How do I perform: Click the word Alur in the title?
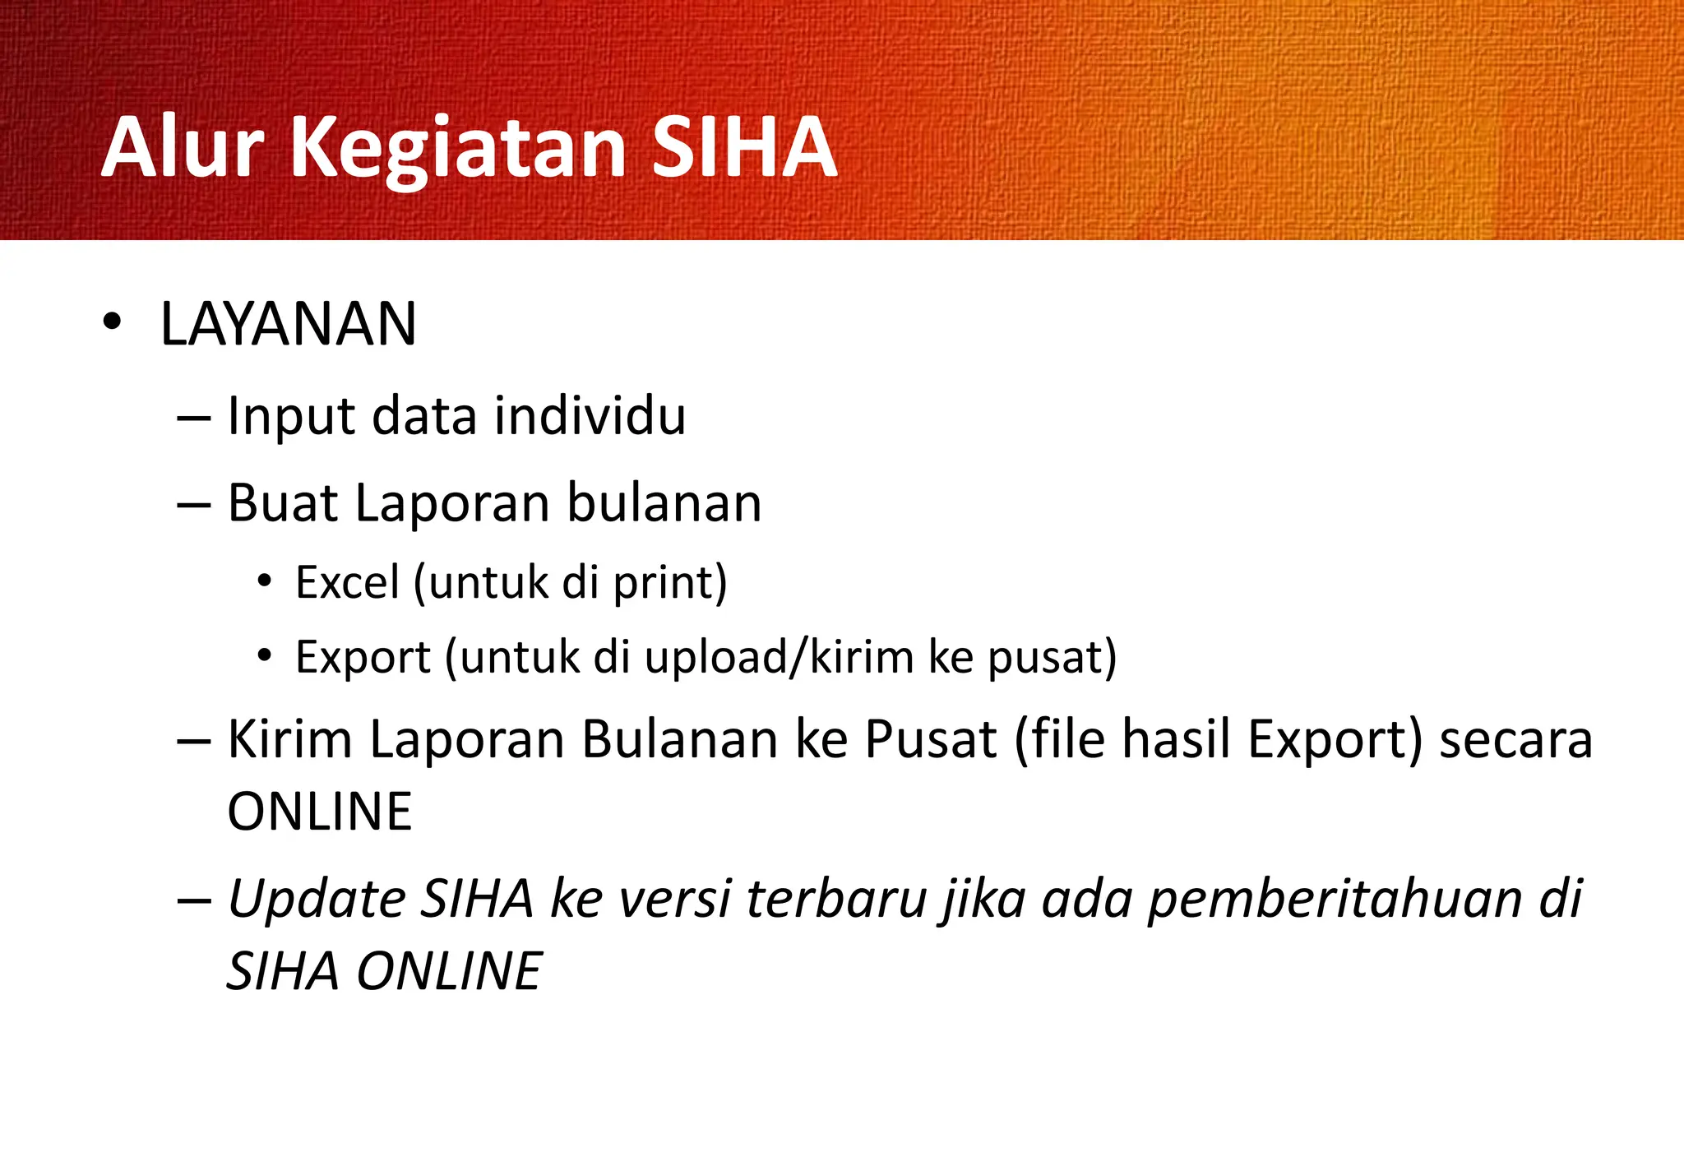tap(183, 148)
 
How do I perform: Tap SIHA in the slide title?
tap(743, 148)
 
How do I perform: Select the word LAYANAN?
tap(288, 324)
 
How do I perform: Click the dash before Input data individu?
tap(194, 418)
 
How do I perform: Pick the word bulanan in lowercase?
tap(664, 502)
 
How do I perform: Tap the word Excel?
tap(347, 582)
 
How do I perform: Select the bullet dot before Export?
tap(264, 655)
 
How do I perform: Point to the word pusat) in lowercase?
tap(1052, 659)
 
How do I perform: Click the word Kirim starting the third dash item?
tap(290, 738)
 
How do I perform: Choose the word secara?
tap(1515, 740)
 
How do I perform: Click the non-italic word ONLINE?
tap(319, 812)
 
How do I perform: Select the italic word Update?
tap(317, 899)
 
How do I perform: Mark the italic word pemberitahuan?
tap(1335, 899)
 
